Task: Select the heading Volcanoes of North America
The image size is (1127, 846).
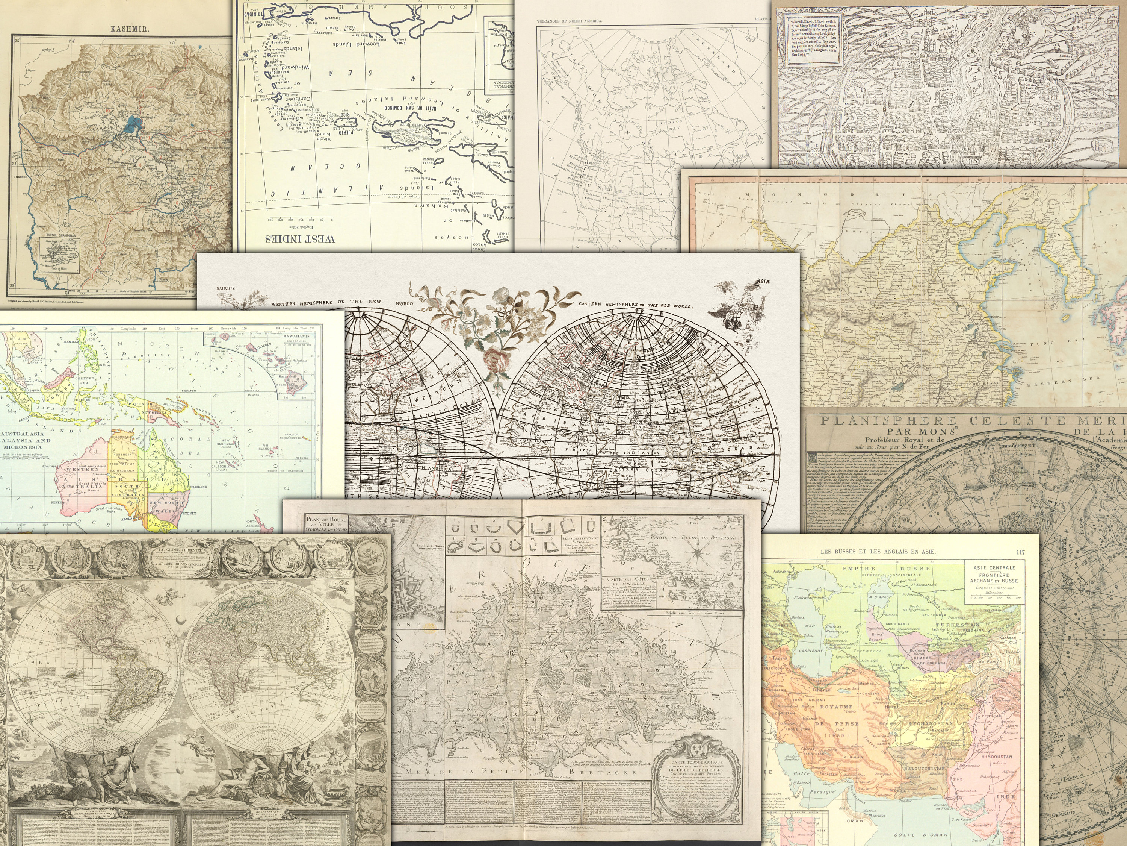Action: [570, 21]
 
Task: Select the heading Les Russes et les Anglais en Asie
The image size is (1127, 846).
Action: [885, 552]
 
